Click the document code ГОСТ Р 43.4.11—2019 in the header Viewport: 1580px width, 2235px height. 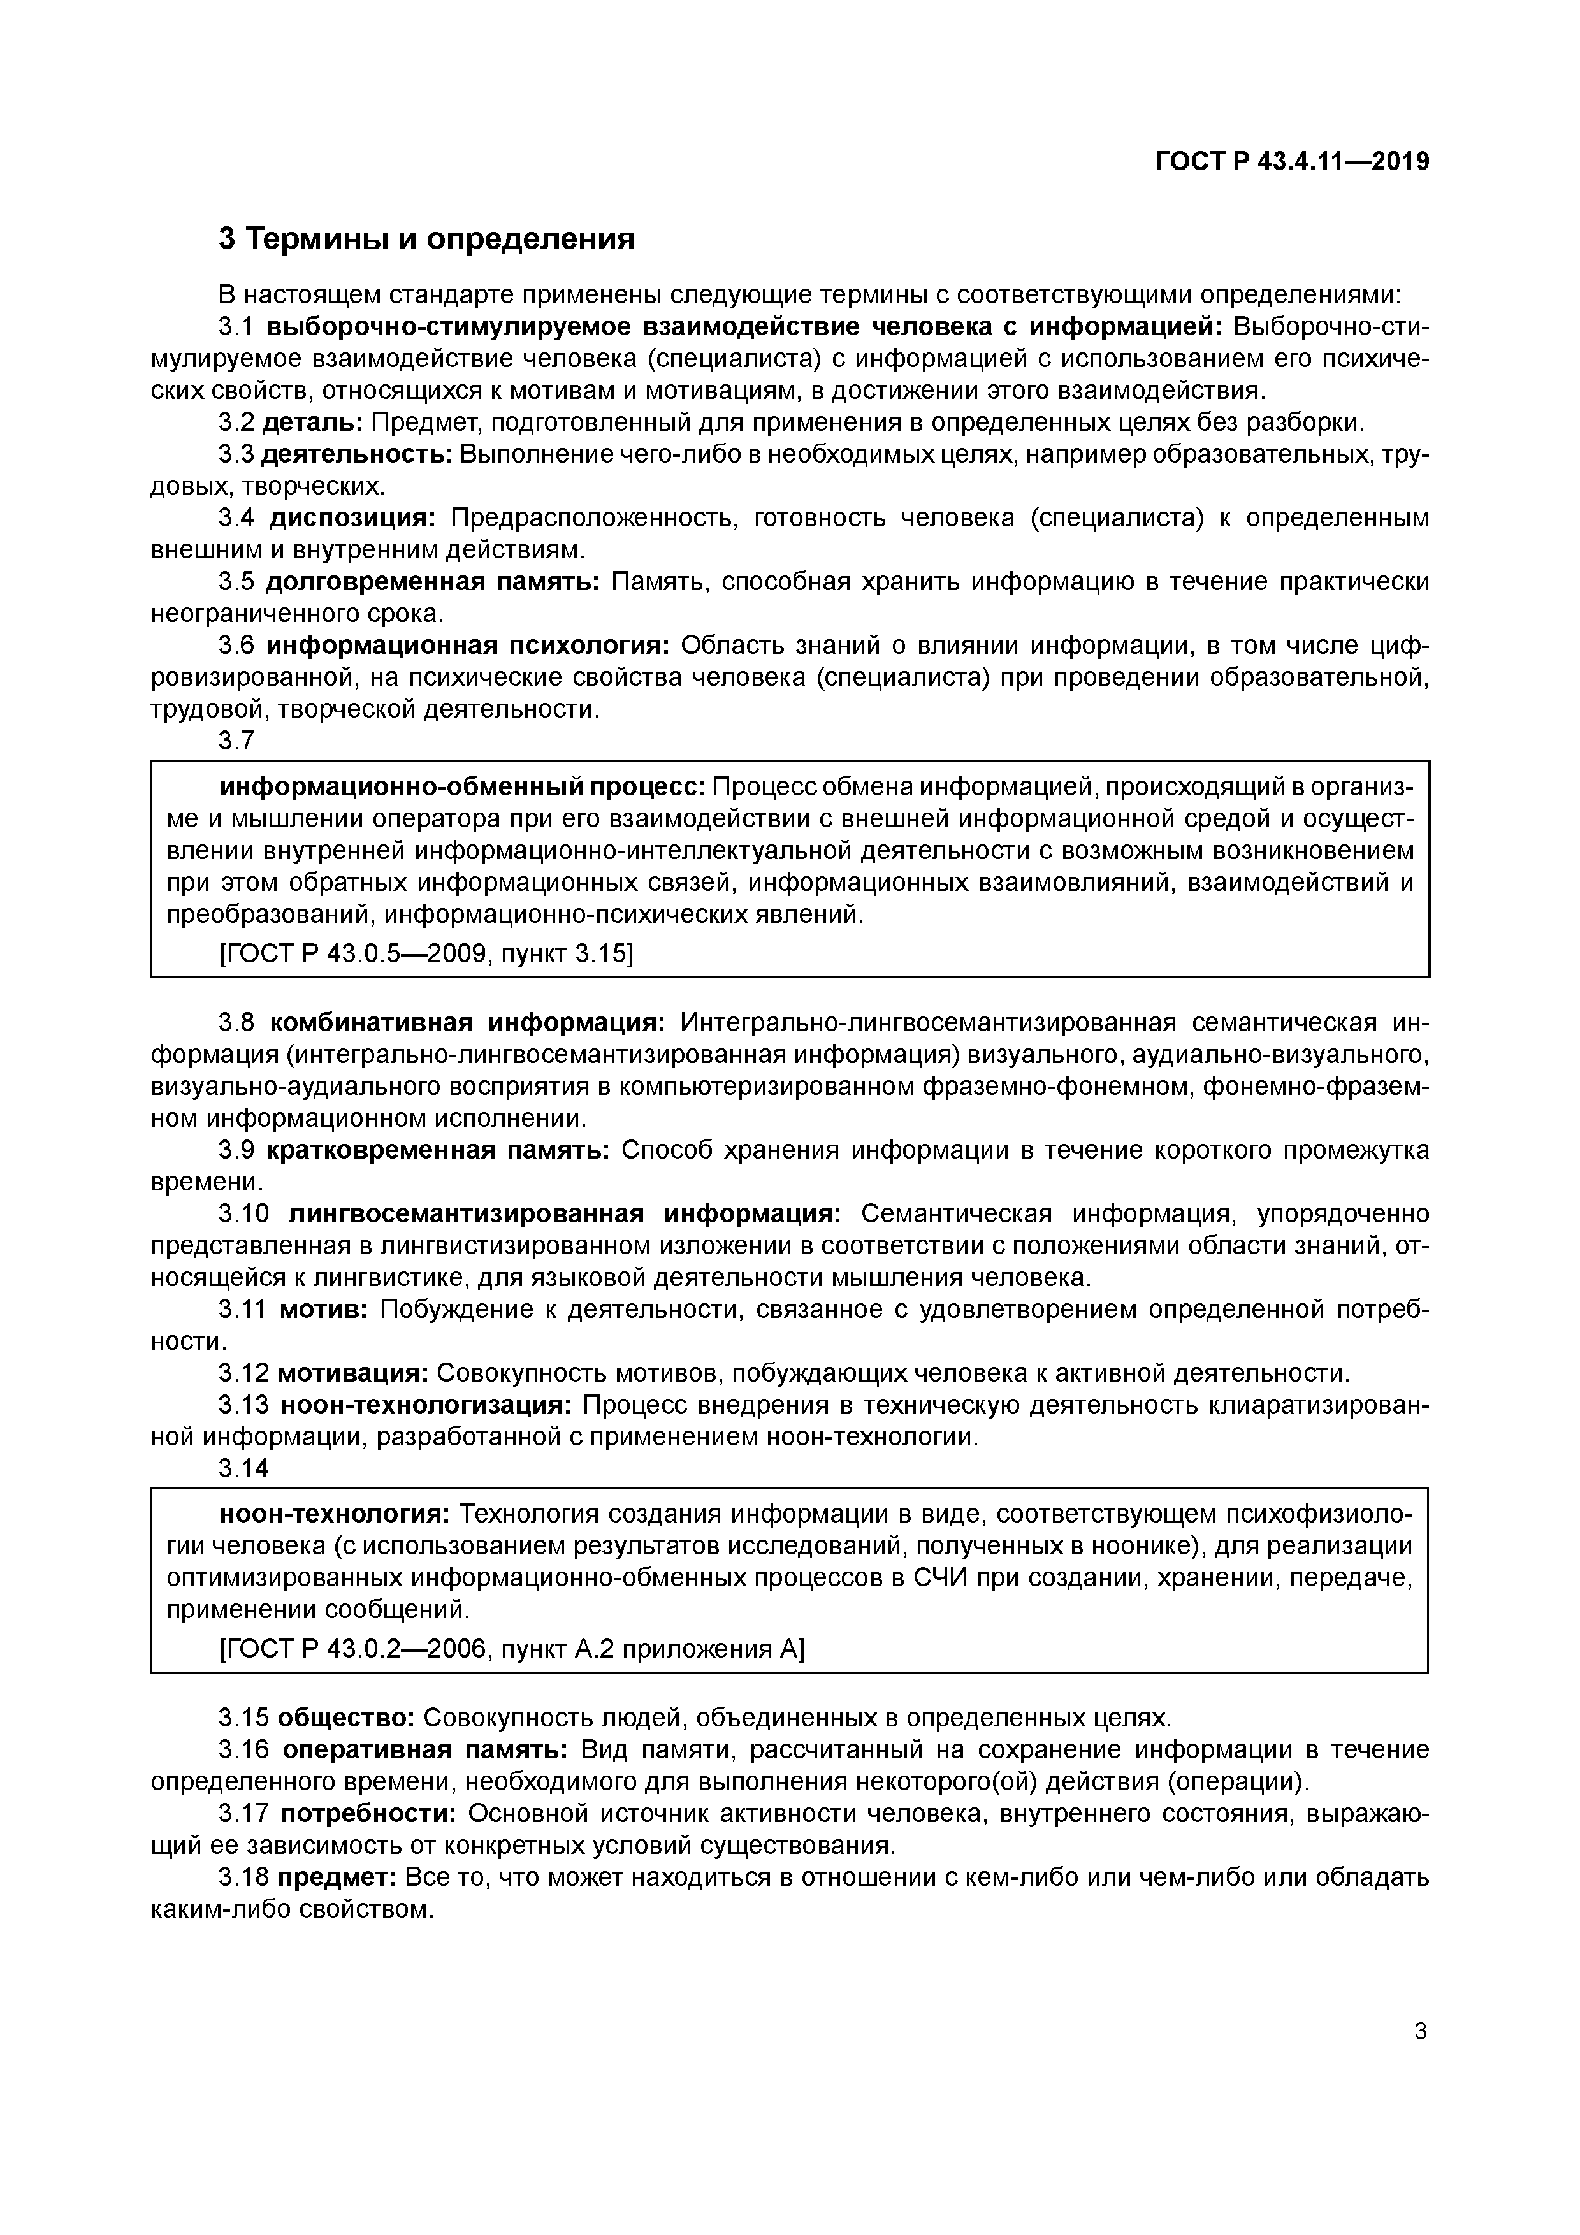point(1292,162)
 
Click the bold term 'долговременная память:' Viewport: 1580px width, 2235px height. point(432,582)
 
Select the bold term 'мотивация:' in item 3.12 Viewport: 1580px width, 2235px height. point(353,1373)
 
